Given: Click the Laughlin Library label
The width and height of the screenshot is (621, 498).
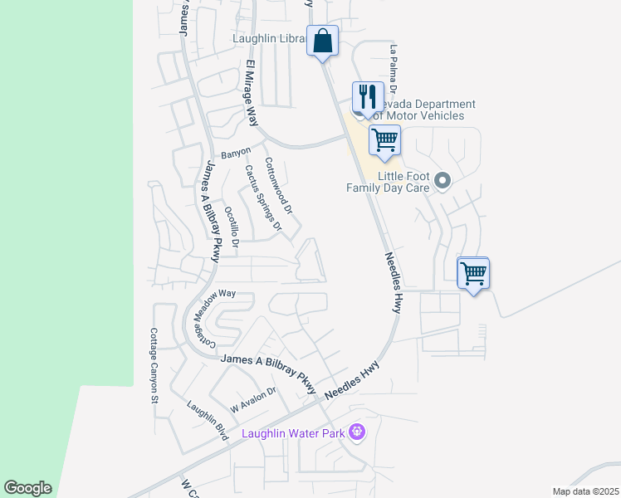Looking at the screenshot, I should pos(269,38).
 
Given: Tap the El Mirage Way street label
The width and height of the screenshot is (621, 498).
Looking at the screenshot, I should pos(251,92).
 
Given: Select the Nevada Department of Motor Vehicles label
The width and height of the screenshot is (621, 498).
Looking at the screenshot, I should pos(425,110).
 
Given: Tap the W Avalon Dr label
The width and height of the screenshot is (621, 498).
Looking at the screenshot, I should pos(252,402).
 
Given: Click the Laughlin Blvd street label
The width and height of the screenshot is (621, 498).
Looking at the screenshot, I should pos(207,421).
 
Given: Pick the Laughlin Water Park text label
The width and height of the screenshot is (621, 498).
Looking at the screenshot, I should pos(294,433).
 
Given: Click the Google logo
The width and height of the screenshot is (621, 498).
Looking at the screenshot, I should pos(27,488).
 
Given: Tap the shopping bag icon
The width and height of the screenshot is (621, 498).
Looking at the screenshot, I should pos(322,40).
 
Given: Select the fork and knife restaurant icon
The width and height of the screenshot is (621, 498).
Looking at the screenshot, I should pos(366,96).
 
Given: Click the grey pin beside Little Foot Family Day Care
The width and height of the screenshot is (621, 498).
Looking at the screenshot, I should pos(443,180).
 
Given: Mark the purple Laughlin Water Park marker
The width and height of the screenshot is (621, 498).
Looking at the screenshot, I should pos(357,432).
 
